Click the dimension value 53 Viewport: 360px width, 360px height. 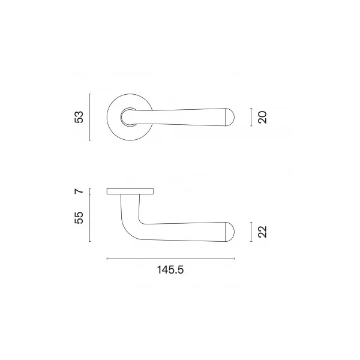pyautogui.click(x=79, y=117)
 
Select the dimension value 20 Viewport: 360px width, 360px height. pyautogui.click(x=262, y=118)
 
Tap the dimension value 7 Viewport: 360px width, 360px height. pyautogui.click(x=79, y=191)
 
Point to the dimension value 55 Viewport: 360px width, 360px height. pyautogui.click(x=79, y=218)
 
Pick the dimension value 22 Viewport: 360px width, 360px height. pyautogui.click(x=262, y=232)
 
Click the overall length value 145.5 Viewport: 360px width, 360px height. pyautogui.click(x=170, y=270)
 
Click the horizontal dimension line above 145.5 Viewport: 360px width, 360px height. pyautogui.click(x=170, y=259)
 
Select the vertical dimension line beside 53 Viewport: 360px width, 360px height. pyautogui.click(x=90, y=117)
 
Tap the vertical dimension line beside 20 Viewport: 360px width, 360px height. pyautogui.click(x=251, y=117)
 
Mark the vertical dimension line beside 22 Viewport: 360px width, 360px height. pyautogui.click(x=251, y=232)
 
